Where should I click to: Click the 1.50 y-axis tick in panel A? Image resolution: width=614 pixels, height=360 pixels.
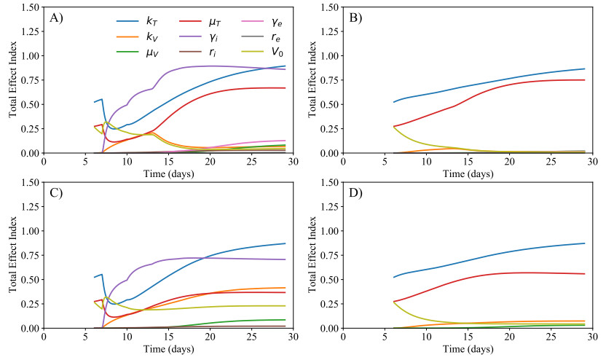pyautogui.click(x=29, y=7)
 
